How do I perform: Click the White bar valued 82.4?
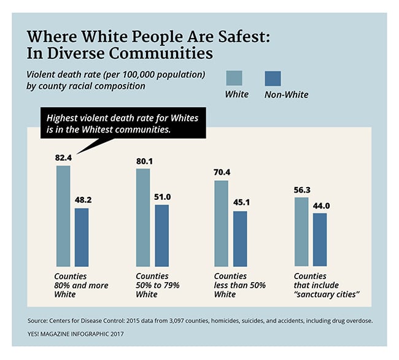(63, 215)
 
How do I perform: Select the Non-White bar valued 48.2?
(82, 236)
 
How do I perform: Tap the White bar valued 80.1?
(142, 216)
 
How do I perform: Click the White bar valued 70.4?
(221, 223)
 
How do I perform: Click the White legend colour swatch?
(234, 79)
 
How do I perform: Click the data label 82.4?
(64, 158)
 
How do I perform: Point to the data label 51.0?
(163, 197)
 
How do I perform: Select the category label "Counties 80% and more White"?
(81, 285)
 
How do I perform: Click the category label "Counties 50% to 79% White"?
(157, 285)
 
